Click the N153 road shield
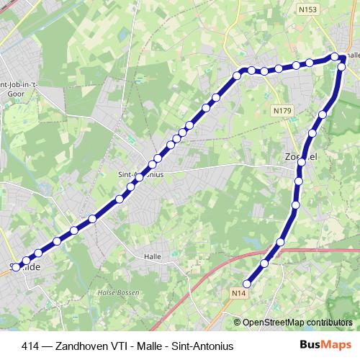coord(307,9)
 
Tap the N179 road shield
coord(282,110)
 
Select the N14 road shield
coord(239,293)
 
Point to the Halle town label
coord(152,256)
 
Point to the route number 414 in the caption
coord(31,346)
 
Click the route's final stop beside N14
coord(247,284)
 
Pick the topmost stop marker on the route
coord(335,56)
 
